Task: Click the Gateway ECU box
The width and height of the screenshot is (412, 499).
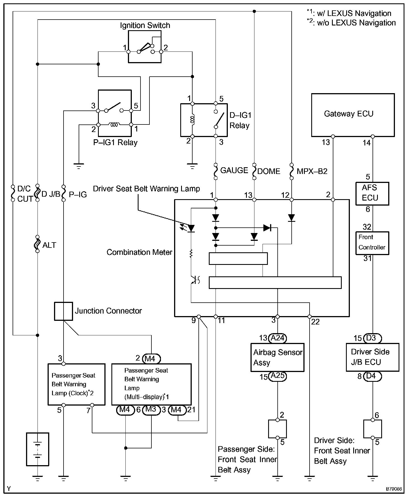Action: click(353, 115)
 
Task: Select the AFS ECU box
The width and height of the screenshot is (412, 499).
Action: click(372, 194)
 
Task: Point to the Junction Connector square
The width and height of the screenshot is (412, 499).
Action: click(63, 311)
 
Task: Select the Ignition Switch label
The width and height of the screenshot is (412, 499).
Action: click(145, 25)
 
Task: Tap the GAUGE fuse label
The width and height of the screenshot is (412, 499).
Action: click(234, 170)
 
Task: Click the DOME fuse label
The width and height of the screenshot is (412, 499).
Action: click(268, 171)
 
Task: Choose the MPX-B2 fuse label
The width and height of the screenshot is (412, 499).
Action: click(312, 171)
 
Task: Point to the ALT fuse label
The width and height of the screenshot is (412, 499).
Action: click(49, 245)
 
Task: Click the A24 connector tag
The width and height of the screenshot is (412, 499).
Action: click(278, 338)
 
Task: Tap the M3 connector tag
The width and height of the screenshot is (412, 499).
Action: click(151, 409)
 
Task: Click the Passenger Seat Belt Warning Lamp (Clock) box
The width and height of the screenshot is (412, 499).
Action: click(76, 384)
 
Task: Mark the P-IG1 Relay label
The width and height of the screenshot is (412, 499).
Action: click(115, 143)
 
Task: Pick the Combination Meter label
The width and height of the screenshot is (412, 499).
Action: click(139, 252)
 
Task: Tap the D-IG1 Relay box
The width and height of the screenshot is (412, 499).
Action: click(204, 120)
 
